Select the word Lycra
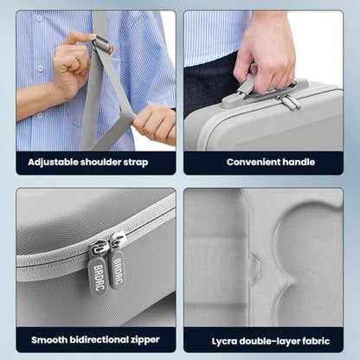coord(220,339)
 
